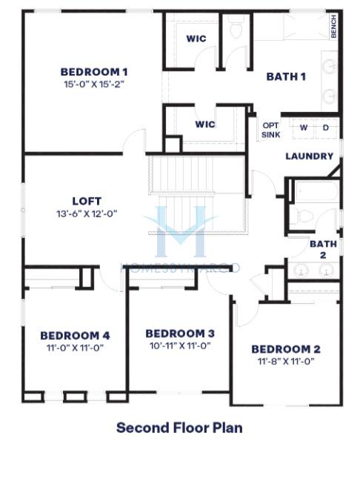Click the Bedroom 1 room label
[x=94, y=72]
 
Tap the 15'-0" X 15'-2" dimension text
[x=94, y=84]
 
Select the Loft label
[x=87, y=201]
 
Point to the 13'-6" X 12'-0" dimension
[x=87, y=214]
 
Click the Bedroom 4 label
[x=75, y=335]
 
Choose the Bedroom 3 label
[x=180, y=333]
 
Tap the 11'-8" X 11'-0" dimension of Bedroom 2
[x=286, y=361]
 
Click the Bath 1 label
[x=286, y=76]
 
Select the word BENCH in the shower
[x=333, y=26]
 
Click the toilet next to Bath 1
[x=236, y=27]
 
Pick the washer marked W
[x=303, y=128]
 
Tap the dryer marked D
[x=326, y=128]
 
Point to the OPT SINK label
[x=270, y=131]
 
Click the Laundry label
[x=310, y=156]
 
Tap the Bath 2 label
[x=324, y=249]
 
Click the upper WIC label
[x=196, y=39]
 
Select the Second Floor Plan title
[x=179, y=428]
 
